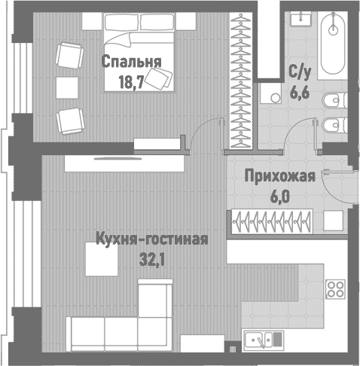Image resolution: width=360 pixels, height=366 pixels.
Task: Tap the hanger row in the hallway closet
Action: click(276, 223)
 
